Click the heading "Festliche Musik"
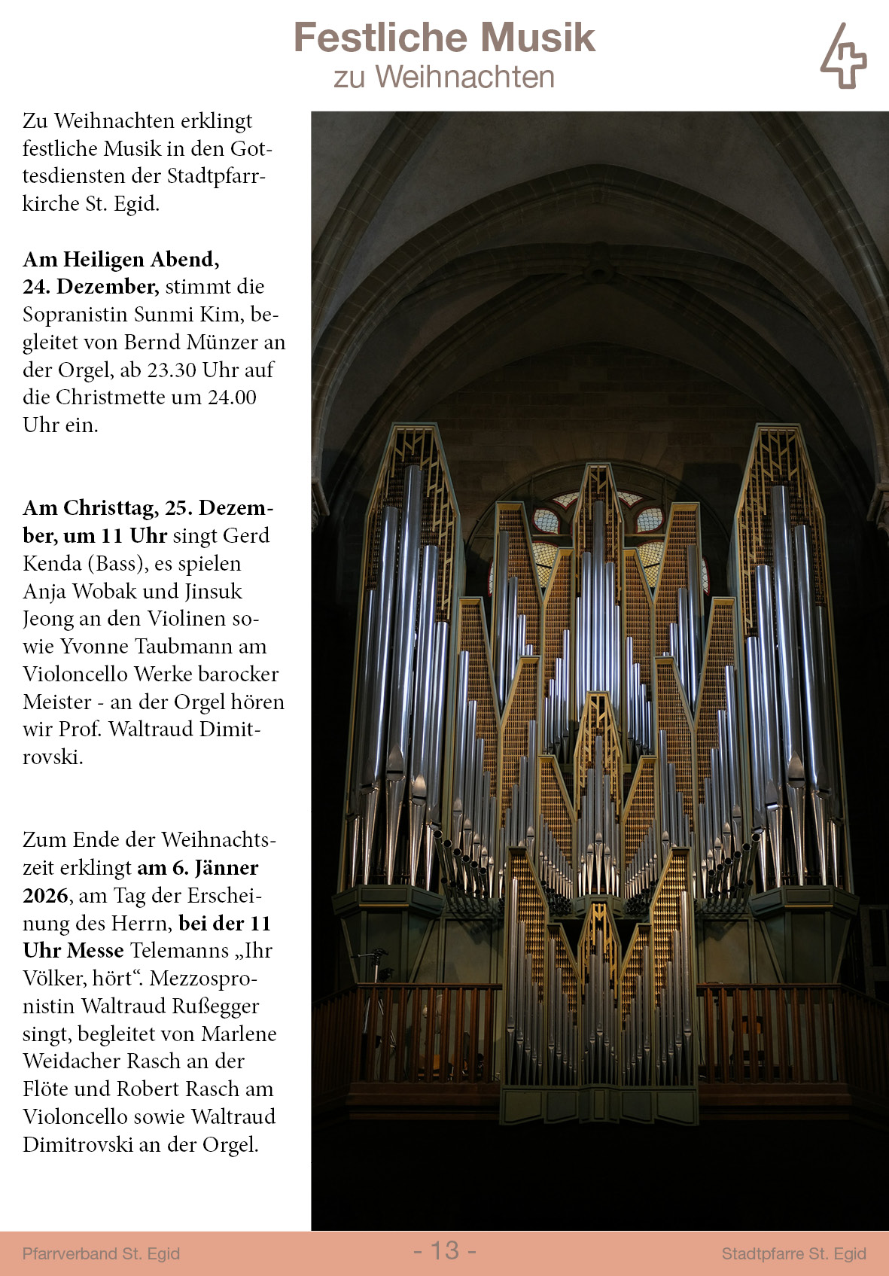click(x=444, y=38)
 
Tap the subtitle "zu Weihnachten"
click(x=444, y=77)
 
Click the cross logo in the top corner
click(x=843, y=56)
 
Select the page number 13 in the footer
click(x=445, y=1250)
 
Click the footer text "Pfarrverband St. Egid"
click(x=101, y=1253)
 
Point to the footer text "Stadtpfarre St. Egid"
click(x=793, y=1253)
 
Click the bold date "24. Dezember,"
click(x=90, y=287)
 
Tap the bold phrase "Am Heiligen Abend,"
click(x=121, y=259)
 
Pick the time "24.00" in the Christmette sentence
click(x=232, y=397)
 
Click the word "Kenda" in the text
click(x=52, y=564)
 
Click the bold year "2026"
click(x=46, y=896)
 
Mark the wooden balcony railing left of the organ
click(x=406, y=1031)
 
